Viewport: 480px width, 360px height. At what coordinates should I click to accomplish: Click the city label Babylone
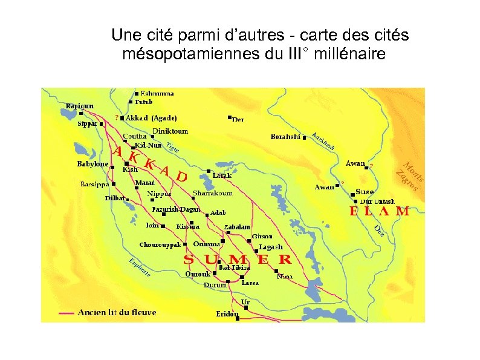[92, 164]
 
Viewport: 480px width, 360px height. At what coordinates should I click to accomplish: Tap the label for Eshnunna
[157, 94]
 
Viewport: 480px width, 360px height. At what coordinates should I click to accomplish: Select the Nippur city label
[160, 194]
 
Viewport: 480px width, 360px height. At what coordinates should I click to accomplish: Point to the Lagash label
[270, 247]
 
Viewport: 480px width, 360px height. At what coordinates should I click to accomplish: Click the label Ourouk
[197, 273]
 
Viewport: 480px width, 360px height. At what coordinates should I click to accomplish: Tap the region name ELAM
[379, 212]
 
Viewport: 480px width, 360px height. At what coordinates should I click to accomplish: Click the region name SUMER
[238, 260]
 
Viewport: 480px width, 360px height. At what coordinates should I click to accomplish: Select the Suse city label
[365, 192]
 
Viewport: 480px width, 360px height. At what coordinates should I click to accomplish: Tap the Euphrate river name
[140, 268]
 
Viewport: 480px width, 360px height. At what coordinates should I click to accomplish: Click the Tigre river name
[173, 146]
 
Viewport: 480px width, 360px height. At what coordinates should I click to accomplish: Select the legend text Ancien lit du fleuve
[117, 313]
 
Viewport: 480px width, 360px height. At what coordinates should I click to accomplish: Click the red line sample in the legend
[66, 313]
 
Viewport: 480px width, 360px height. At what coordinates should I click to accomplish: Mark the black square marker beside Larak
[209, 171]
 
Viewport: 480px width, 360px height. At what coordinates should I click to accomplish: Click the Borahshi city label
[285, 137]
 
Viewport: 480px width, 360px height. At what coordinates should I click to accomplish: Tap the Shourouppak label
[160, 245]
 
